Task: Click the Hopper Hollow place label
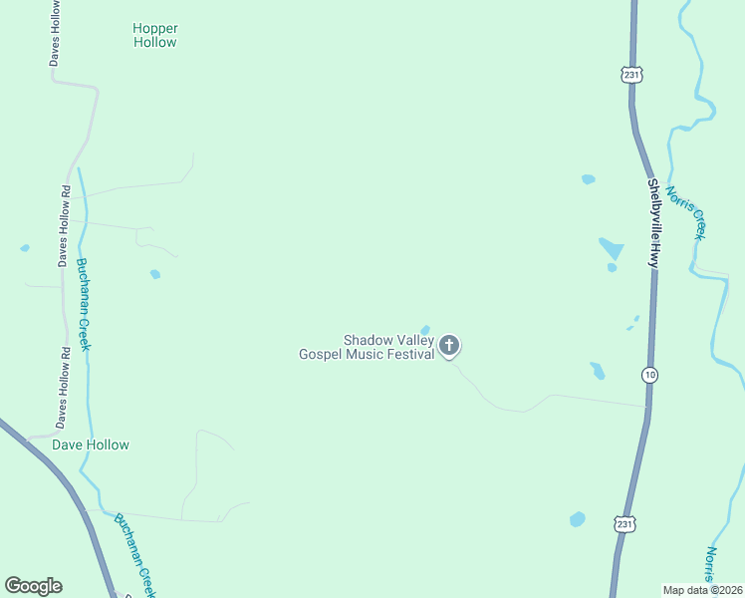click(154, 35)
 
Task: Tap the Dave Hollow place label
click(91, 445)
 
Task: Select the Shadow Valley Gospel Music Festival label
click(367, 347)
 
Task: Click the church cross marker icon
click(449, 346)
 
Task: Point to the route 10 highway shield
click(649, 374)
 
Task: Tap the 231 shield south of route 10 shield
click(624, 523)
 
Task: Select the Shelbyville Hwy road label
click(653, 222)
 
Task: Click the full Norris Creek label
click(685, 211)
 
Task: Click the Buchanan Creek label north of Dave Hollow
click(84, 304)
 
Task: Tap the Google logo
click(33, 586)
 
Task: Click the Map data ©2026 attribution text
click(702, 590)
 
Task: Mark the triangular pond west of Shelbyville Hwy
click(611, 248)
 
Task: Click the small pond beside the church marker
click(425, 330)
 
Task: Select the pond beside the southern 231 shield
click(578, 519)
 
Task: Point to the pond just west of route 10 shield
click(598, 371)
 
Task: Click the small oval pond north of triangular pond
click(588, 179)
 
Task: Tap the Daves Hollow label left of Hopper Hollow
click(56, 33)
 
